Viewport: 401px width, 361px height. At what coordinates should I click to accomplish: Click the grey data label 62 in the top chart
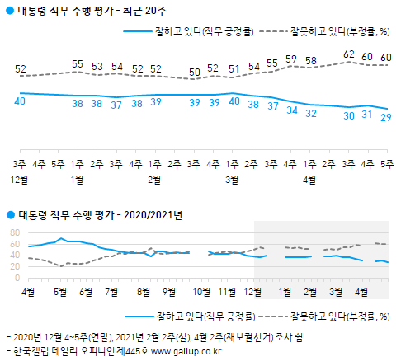click(x=349, y=54)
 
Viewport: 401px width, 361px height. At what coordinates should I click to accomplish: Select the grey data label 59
click(x=291, y=59)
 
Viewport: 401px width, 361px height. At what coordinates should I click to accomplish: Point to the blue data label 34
click(x=291, y=110)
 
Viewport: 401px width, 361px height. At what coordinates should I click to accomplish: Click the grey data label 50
click(x=195, y=73)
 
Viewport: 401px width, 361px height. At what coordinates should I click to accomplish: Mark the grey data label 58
click(x=310, y=60)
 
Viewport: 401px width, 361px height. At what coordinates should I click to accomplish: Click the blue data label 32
click(x=310, y=113)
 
